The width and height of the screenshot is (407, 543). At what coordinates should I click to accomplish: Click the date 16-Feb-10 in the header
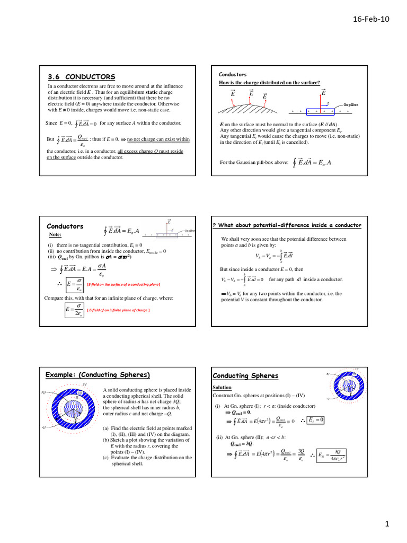pyautogui.click(x=371, y=19)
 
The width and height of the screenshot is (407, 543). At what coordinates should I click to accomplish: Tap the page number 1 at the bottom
pyautogui.click(x=387, y=524)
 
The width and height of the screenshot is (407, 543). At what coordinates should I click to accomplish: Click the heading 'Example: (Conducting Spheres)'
pyautogui.click(x=98, y=375)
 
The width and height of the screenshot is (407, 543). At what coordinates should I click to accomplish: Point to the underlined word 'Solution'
pyautogui.click(x=222, y=388)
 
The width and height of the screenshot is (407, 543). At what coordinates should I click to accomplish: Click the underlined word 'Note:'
pyautogui.click(x=55, y=234)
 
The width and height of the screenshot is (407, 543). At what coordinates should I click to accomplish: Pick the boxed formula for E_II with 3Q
pyautogui.click(x=332, y=454)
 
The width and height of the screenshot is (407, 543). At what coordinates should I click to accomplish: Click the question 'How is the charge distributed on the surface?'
pyautogui.click(x=269, y=83)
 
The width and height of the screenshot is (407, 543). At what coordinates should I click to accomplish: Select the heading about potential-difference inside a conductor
pyautogui.click(x=287, y=225)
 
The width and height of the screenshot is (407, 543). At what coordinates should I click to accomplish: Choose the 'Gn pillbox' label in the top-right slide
pyautogui.click(x=350, y=105)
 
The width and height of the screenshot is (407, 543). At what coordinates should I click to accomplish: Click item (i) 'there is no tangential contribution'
pyautogui.click(x=95, y=246)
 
